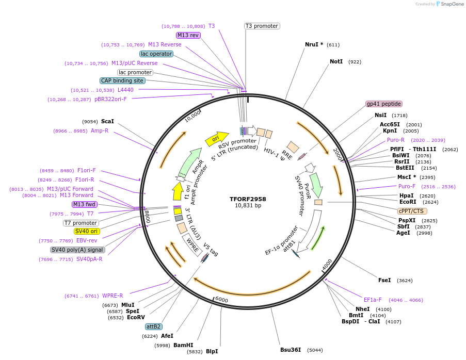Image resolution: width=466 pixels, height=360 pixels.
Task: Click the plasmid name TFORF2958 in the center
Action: coord(248,199)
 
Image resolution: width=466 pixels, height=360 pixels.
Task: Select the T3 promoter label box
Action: coord(262,26)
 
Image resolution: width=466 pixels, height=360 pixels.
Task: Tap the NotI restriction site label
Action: coord(336,61)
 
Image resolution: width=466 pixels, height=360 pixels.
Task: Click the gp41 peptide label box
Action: coord(383,104)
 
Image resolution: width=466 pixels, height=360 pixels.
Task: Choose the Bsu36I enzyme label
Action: coord(290,350)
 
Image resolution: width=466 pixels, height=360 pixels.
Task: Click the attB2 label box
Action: coord(153,326)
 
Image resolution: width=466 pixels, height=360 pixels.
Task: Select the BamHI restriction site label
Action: coord(183,345)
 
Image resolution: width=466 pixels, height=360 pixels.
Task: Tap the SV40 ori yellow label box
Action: coord(88,231)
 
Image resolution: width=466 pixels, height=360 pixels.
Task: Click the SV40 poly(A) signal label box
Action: coord(77,250)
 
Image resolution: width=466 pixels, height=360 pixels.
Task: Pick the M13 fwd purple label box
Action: coord(85,204)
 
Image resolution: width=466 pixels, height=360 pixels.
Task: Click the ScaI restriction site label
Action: coord(107,121)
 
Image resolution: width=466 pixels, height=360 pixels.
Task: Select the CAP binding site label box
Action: coord(122,80)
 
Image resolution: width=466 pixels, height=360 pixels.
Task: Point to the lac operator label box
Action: coord(156,54)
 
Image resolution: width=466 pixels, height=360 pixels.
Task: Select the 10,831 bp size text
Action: coord(248,206)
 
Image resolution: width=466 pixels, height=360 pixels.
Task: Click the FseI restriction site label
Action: coord(384,280)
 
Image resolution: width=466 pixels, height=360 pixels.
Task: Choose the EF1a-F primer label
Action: coord(373,300)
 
